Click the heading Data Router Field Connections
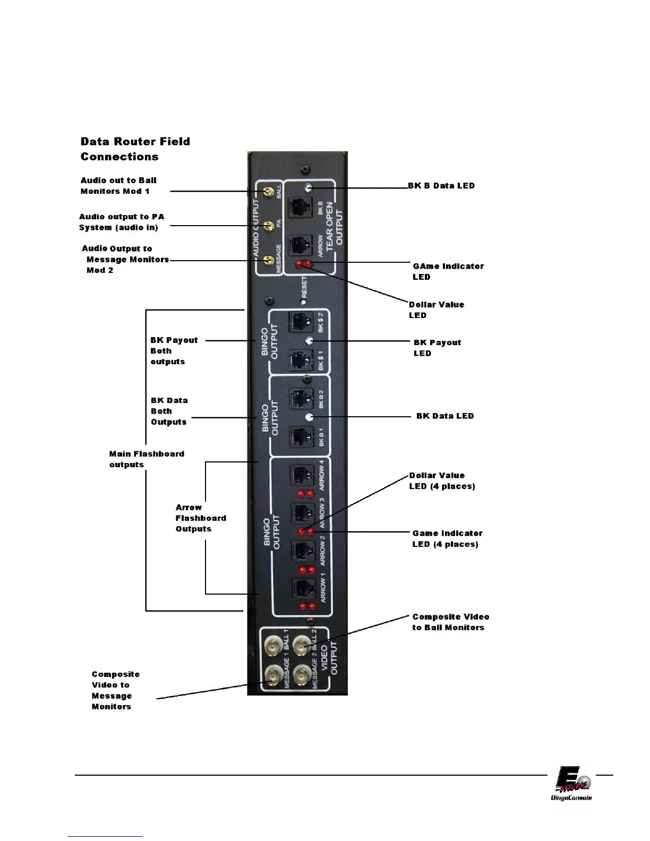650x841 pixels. [x=135, y=149]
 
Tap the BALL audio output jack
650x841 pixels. [x=269, y=192]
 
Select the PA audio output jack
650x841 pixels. [x=269, y=226]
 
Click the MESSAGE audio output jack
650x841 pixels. [x=269, y=260]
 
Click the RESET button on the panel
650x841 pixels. [x=303, y=302]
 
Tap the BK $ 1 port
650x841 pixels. [x=300, y=359]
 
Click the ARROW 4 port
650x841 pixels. [x=301, y=474]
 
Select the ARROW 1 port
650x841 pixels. [x=302, y=589]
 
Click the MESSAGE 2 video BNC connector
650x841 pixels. [x=302, y=676]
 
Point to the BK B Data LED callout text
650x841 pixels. [x=441, y=186]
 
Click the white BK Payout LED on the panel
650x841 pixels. [x=308, y=340]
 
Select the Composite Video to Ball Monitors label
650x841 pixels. [x=450, y=622]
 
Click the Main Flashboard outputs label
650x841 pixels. [x=146, y=459]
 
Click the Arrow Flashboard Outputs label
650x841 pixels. [x=201, y=518]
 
